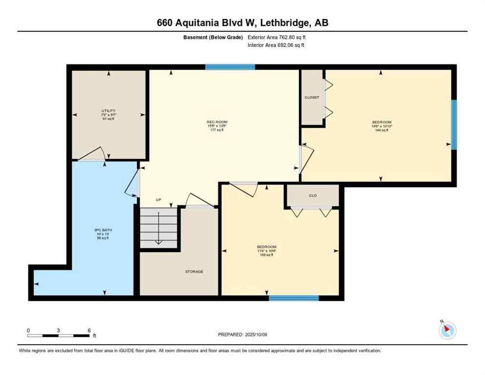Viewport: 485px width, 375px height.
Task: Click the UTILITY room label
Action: click(108, 111)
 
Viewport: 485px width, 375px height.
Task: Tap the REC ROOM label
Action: click(217, 122)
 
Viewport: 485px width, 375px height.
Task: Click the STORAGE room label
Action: click(194, 271)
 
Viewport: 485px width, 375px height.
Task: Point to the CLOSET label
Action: click(312, 97)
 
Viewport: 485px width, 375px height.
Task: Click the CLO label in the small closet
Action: click(313, 195)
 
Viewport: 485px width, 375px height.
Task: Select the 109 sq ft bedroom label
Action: click(267, 247)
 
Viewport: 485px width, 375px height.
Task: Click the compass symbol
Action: click(447, 331)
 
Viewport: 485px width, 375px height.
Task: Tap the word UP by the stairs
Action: click(158, 200)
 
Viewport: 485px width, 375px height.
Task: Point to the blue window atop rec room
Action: click(230, 67)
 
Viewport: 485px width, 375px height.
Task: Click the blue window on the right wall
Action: click(454, 125)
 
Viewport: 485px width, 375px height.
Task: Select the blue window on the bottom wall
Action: click(294, 298)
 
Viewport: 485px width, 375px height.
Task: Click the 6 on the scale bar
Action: click(89, 330)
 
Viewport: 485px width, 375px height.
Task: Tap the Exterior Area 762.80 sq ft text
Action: click(277, 37)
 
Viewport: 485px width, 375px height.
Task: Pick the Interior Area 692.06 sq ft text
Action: click(277, 45)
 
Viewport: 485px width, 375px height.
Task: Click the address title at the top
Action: click(242, 22)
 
